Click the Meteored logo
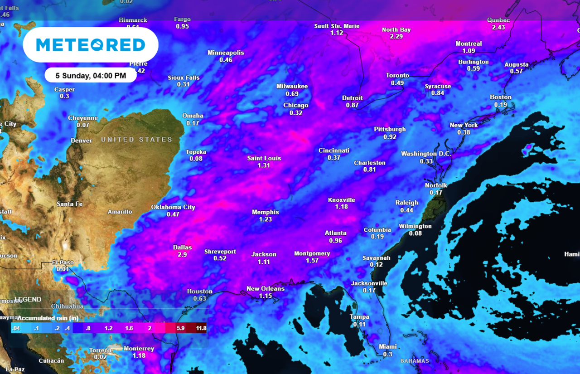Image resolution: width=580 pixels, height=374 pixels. (90, 45)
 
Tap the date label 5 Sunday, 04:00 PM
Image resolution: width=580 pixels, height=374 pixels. (91, 76)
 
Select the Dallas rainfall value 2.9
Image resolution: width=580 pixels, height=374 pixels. (182, 255)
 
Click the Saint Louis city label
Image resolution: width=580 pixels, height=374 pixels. (264, 158)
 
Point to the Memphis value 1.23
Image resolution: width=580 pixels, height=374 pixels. (265, 219)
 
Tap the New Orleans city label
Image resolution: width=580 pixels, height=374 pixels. (265, 289)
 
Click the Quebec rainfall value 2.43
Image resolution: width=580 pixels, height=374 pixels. (498, 28)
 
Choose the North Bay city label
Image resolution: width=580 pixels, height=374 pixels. (396, 30)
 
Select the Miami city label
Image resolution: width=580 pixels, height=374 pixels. (387, 347)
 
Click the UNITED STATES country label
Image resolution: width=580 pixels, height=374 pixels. (136, 140)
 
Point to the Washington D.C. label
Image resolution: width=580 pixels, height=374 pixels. (426, 154)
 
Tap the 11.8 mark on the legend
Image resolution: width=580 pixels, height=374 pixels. (201, 328)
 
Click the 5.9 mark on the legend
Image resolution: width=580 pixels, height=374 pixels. (181, 328)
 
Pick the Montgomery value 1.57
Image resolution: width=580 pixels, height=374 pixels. (312, 261)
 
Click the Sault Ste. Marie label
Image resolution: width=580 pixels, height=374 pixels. (337, 26)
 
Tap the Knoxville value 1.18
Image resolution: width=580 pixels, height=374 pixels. (341, 207)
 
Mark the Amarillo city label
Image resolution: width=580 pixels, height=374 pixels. (120, 212)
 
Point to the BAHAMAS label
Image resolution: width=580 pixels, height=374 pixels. (415, 361)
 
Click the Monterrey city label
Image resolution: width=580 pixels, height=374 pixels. (139, 349)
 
